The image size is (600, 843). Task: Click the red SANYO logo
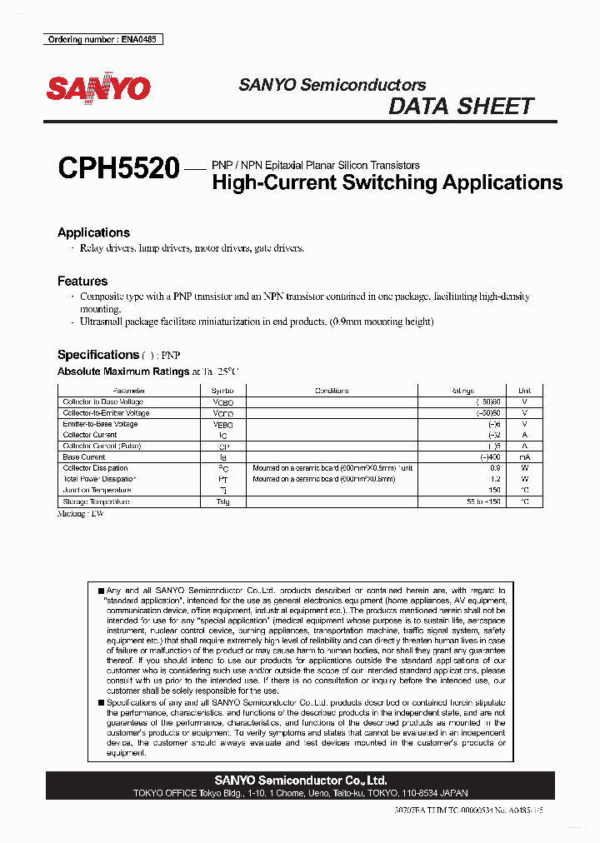tap(98, 88)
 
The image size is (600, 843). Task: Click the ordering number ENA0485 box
tap(102, 39)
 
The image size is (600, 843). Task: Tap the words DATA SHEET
tap(461, 107)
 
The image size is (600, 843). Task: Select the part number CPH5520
tap(118, 170)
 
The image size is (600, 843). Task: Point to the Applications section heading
tap(93, 232)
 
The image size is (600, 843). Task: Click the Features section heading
tap(82, 282)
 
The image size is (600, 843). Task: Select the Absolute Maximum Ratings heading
tap(123, 372)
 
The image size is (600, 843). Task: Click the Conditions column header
tap(331, 391)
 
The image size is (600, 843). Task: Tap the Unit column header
tap(524, 391)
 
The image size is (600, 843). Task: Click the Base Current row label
tap(84, 457)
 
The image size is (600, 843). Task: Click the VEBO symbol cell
tap(223, 424)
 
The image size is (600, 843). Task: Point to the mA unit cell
tap(524, 457)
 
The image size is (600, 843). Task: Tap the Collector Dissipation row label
tap(96, 468)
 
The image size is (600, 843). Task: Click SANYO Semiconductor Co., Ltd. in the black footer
tap(300, 781)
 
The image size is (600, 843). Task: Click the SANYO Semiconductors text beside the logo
tap(332, 85)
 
